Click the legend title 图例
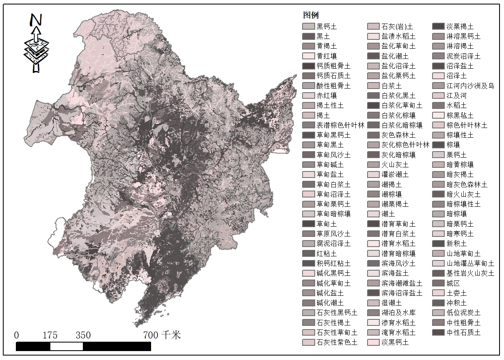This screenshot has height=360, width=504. point(311,15)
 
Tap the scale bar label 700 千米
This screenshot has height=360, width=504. point(162,335)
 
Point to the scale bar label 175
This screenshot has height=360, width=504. point(50,335)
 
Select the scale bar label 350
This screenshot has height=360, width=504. point(83,335)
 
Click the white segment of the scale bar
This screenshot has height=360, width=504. point(67,346)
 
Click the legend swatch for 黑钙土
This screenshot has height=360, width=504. point(308,26)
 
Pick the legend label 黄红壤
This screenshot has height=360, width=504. point(327,56)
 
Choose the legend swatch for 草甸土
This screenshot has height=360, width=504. point(308,224)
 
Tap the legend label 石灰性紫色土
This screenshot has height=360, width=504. point(337,342)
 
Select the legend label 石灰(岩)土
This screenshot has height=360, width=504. point(397,26)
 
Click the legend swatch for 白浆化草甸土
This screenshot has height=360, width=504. point(373,105)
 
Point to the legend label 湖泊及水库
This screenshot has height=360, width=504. point(398,312)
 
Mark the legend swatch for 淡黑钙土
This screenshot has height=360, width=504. point(373,342)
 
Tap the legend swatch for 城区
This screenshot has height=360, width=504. point(438,283)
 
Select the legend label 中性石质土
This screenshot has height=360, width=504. point(463,332)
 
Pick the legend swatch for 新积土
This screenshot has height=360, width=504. point(438,243)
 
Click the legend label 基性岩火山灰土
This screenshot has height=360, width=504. point(470,273)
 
